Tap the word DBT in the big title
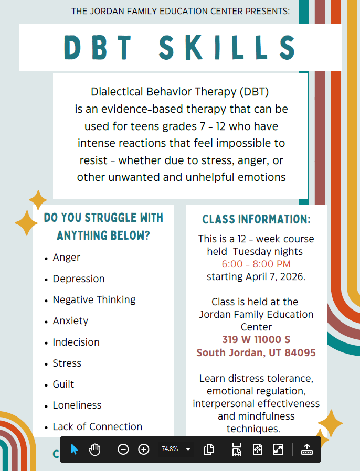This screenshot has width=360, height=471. [x=98, y=47]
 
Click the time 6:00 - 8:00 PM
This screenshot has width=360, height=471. [x=256, y=264]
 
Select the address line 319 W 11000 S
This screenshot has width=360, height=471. [x=256, y=340]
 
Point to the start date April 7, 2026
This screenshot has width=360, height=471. [x=275, y=276]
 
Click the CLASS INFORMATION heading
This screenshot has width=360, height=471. [x=256, y=219]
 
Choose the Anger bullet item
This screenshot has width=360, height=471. [x=67, y=258]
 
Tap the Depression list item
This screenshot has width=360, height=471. [x=79, y=279]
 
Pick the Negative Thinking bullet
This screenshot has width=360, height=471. [x=94, y=300]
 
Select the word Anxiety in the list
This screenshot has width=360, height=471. [x=70, y=321]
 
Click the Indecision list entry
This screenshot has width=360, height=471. [x=76, y=342]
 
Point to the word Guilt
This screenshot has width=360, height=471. [x=63, y=384]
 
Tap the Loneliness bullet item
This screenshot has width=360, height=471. [x=77, y=405]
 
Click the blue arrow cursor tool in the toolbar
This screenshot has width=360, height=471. [x=74, y=449]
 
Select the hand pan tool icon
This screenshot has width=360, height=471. [x=94, y=449]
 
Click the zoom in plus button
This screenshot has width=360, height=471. [x=144, y=449]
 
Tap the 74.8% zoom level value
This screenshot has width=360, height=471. [x=170, y=449]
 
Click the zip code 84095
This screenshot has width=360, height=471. [x=300, y=352]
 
